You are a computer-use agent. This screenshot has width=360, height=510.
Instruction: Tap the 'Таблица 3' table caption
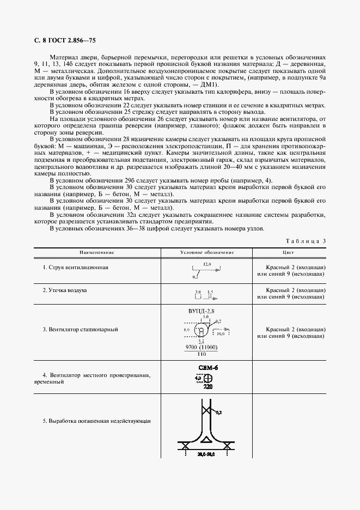[306, 241]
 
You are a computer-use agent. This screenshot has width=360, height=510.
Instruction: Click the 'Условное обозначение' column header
[207, 253]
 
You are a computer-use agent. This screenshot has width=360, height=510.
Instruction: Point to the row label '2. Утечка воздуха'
[65, 290]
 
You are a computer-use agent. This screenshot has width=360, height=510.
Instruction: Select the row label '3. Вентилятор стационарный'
[80, 330]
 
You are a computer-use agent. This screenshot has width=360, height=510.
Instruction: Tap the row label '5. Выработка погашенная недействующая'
[96, 421]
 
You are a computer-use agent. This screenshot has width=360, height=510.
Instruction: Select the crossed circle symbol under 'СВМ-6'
[207, 379]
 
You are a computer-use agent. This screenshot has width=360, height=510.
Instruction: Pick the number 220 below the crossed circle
[208, 387]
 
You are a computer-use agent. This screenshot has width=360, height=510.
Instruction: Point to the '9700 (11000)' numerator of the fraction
[202, 347]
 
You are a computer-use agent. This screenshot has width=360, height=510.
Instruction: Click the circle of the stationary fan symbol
[201, 330]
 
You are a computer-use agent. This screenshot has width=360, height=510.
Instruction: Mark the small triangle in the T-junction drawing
[206, 439]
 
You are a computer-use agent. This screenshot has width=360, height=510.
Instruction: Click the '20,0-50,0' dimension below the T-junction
[207, 453]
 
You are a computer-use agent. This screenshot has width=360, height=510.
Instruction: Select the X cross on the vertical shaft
[207, 409]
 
